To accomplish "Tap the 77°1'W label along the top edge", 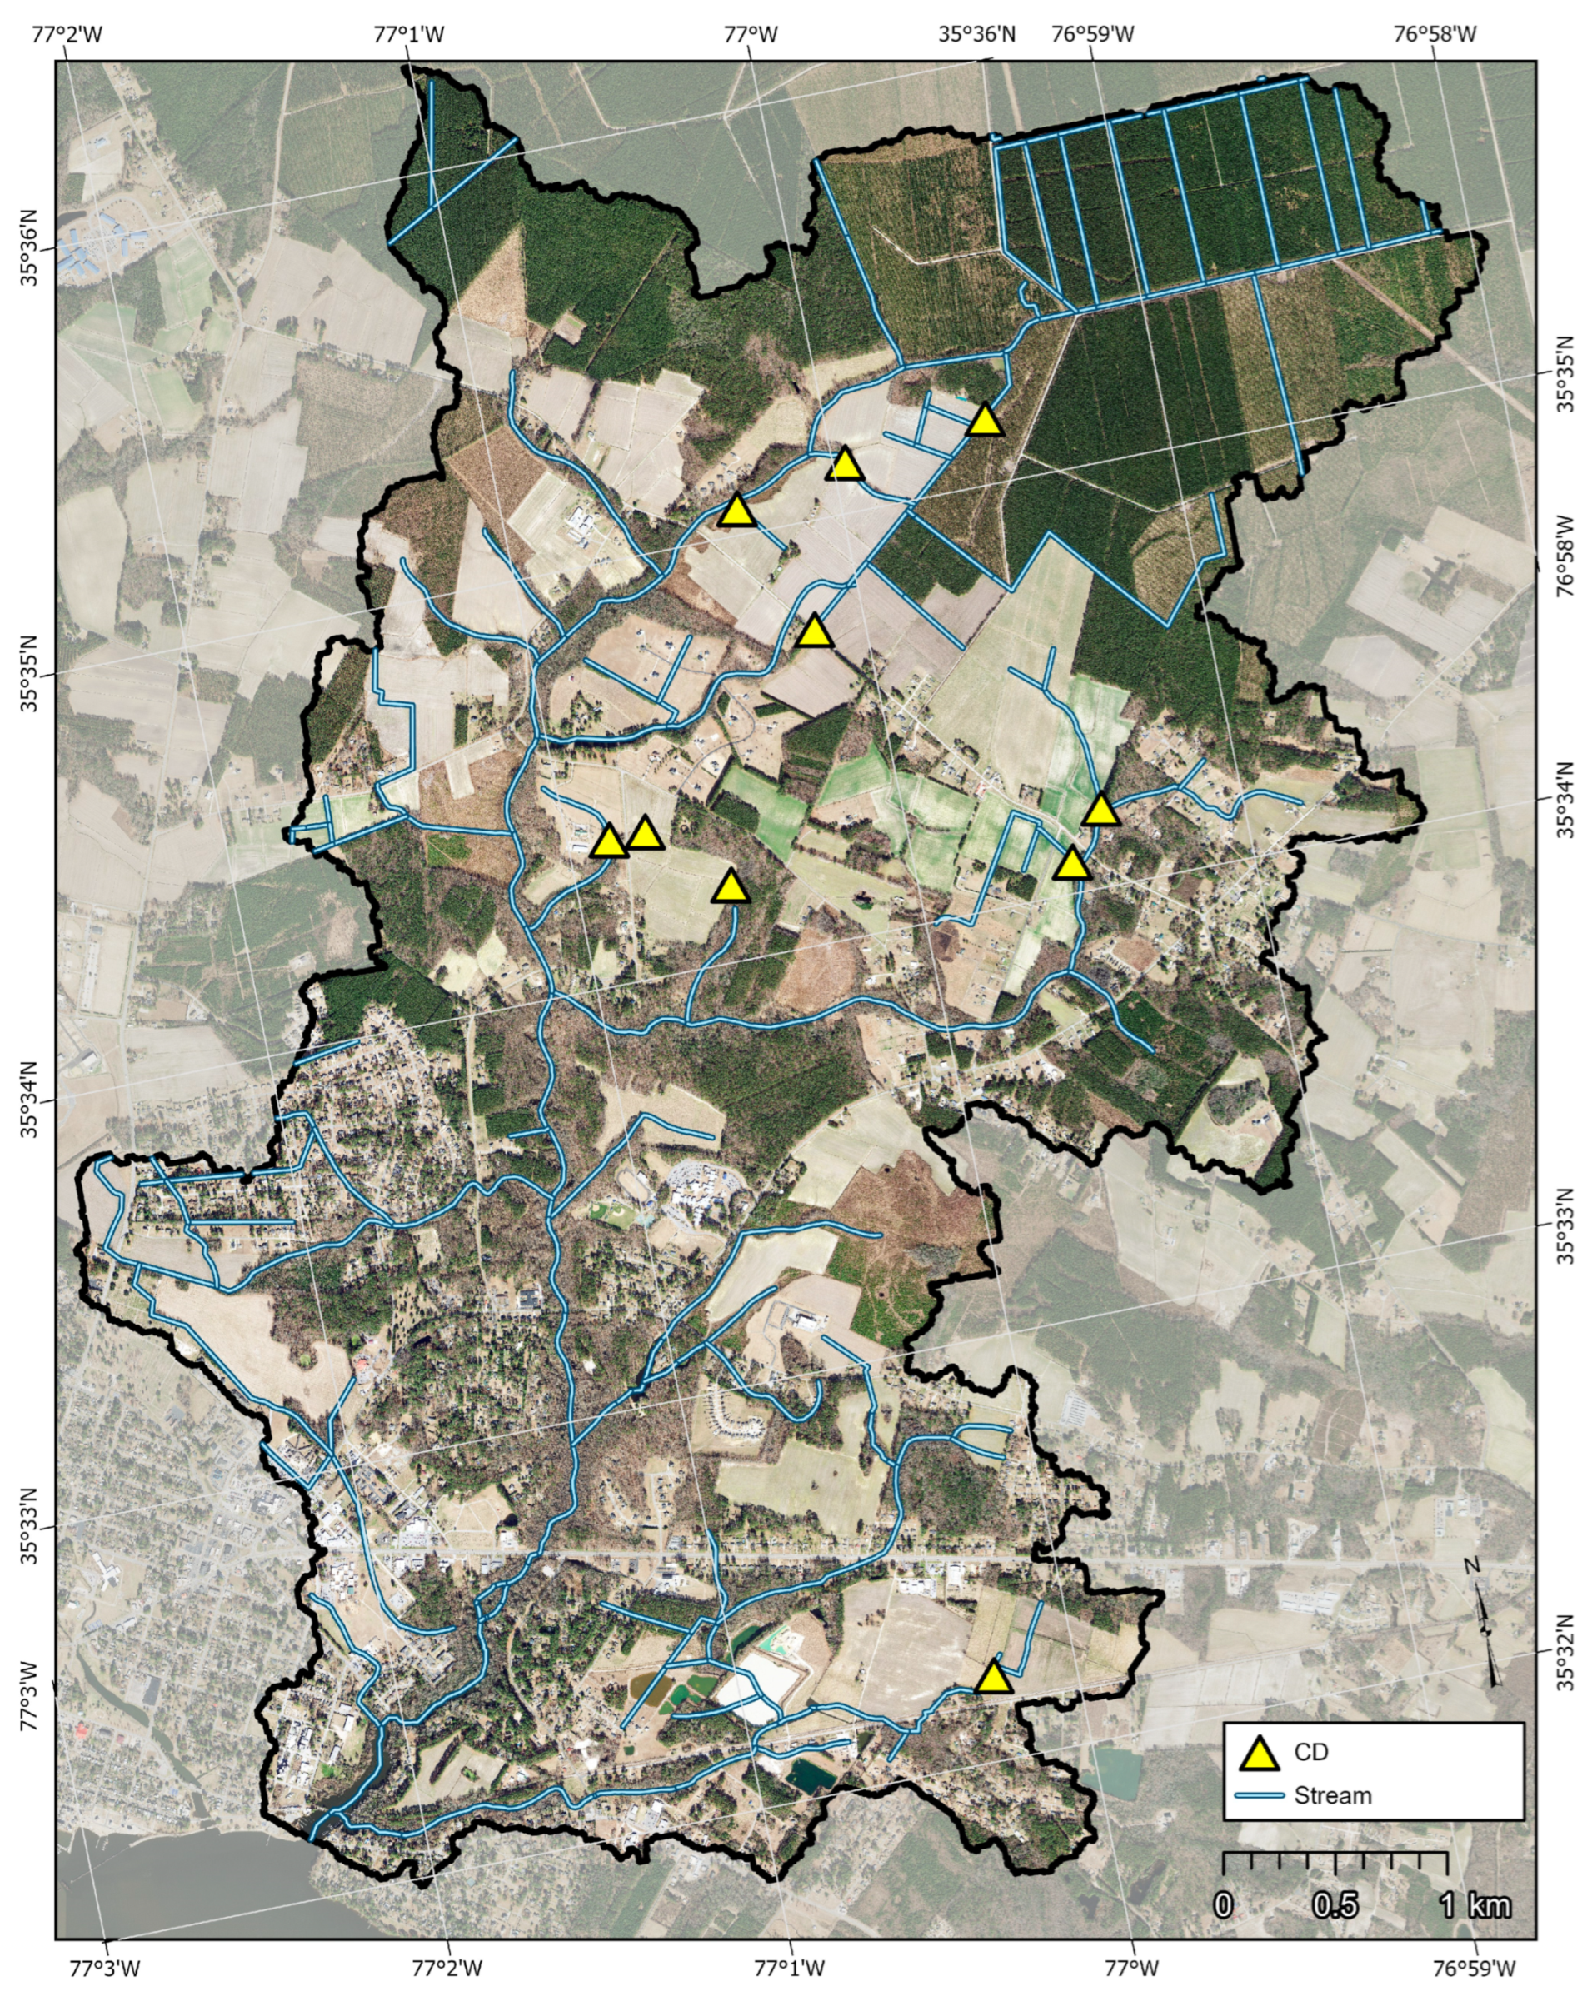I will pos(408,34).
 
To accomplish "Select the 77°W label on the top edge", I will pos(750,34).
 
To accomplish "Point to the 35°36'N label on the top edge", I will pos(977,34).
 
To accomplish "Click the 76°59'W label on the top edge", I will pos(1092,34).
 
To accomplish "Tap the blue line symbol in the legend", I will pos(1259,1795).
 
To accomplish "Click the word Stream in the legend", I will pos(1333,1796).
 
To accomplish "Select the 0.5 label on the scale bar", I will pos(1335,1904).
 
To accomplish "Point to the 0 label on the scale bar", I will pos(1223,1904).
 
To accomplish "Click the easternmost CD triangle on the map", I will pos(1100,810).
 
